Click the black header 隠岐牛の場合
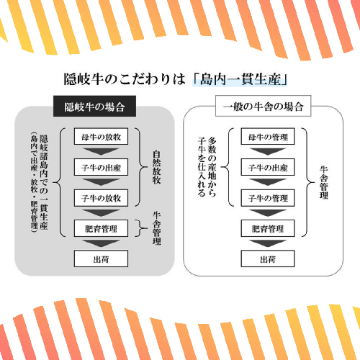click(94, 106)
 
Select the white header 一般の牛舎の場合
click(264, 106)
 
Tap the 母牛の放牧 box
click(101, 136)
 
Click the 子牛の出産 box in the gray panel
click(101, 167)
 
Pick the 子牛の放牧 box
click(101, 198)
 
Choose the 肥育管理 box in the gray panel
click(101, 228)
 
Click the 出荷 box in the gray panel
click(101, 258)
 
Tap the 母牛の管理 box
click(268, 136)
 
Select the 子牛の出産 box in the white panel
click(268, 167)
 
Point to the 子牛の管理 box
click(268, 198)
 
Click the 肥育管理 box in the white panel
click(268, 228)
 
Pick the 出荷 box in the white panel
click(268, 258)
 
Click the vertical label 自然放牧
click(156, 167)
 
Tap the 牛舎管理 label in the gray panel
click(156, 228)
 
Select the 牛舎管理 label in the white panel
click(324, 182)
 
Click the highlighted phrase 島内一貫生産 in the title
click(240, 79)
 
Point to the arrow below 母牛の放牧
click(101, 152)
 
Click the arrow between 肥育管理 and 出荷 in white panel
click(268, 243)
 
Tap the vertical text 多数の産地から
click(212, 167)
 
